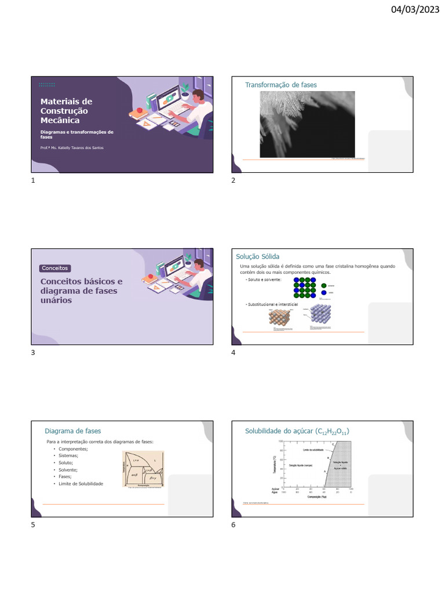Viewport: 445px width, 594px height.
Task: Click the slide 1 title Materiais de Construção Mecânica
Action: point(66,111)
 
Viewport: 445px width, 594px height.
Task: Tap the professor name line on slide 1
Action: point(72,148)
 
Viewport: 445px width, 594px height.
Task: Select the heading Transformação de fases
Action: point(280,85)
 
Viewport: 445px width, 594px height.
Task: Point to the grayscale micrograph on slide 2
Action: point(307,124)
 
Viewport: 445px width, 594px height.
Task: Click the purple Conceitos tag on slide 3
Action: point(55,268)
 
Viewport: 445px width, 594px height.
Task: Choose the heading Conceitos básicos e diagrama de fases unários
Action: point(81,291)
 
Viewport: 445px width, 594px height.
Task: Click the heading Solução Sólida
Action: point(257,256)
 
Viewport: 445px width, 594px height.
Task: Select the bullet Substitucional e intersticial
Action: point(272,304)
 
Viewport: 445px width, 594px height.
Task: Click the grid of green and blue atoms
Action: point(304,287)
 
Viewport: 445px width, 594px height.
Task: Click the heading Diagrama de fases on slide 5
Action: point(72,431)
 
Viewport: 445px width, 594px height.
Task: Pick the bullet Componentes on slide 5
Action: point(74,449)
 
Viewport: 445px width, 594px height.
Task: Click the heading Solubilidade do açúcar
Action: point(297,432)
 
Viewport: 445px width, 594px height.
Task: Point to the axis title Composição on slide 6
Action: point(315,497)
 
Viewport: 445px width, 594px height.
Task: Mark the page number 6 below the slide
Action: point(234,525)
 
